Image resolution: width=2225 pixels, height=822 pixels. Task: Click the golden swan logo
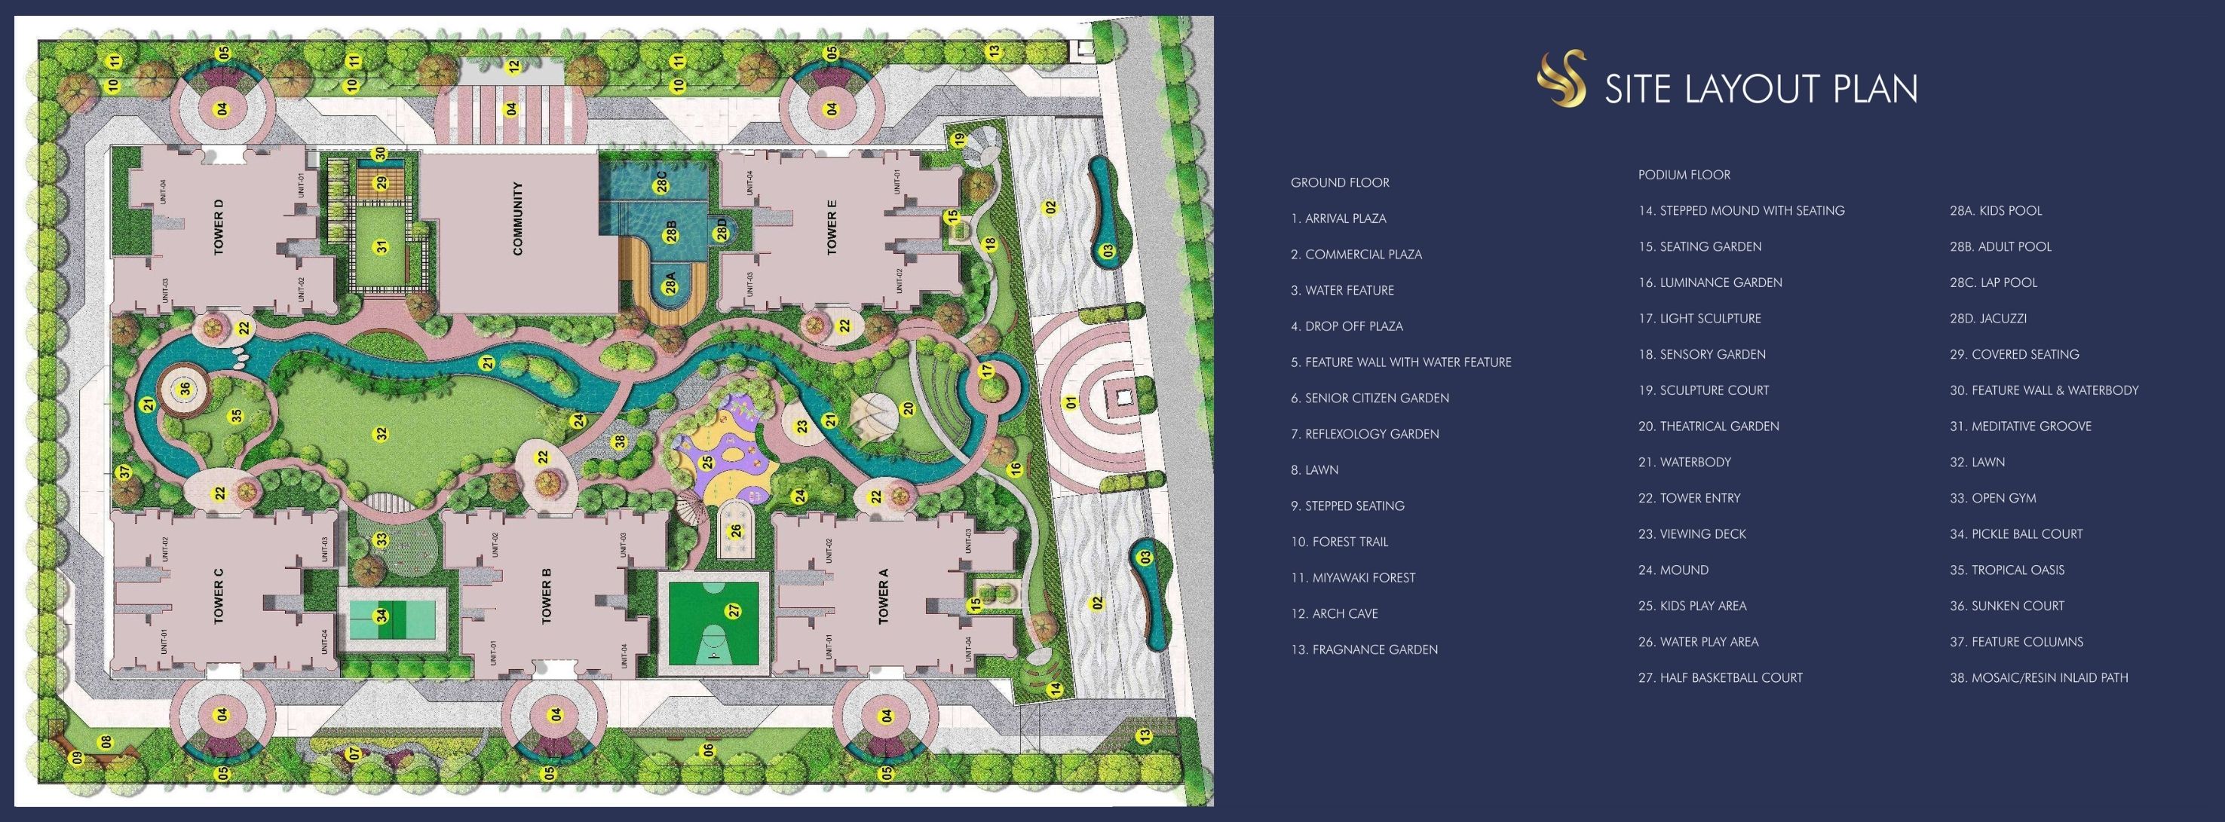pyautogui.click(x=1561, y=78)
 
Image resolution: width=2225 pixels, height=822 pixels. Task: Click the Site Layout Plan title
pyautogui.click(x=1761, y=89)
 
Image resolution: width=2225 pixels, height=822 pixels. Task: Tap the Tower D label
pyautogui.click(x=219, y=227)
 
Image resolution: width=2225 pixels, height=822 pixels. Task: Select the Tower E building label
pyautogui.click(x=832, y=227)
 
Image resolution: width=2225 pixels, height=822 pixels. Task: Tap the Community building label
pyautogui.click(x=518, y=218)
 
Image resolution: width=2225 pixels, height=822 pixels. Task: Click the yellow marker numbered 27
pyautogui.click(x=734, y=610)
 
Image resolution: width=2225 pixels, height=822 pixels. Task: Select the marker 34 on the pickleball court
pyautogui.click(x=381, y=616)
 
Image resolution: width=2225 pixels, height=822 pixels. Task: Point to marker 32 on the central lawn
pyautogui.click(x=381, y=433)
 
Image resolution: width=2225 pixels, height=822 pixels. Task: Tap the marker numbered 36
pyautogui.click(x=185, y=390)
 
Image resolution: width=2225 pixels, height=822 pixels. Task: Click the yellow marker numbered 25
pyautogui.click(x=707, y=463)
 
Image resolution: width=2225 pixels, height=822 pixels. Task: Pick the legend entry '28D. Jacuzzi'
pyautogui.click(x=1987, y=319)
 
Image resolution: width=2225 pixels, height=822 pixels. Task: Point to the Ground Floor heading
pyautogui.click(x=1340, y=183)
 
